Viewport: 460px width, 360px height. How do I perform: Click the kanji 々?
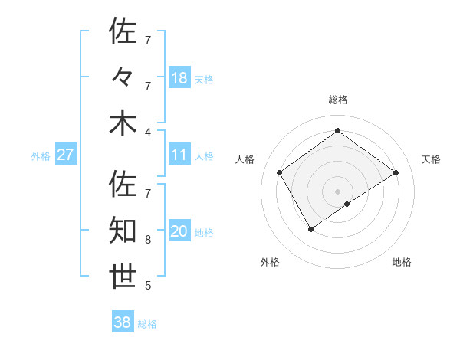click(x=123, y=77)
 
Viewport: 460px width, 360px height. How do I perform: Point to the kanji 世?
click(x=123, y=277)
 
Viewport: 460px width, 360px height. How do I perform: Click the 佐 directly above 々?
click(x=123, y=31)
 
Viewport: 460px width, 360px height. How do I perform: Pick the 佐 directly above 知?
click(x=123, y=185)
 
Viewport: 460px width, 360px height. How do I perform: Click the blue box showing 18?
click(x=179, y=77)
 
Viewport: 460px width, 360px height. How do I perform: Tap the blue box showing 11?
click(x=179, y=155)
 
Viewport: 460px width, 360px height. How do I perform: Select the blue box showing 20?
click(x=179, y=231)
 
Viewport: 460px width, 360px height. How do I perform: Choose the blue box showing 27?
click(x=65, y=155)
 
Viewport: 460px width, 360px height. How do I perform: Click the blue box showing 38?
click(x=123, y=322)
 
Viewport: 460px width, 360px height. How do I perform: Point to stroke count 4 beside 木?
click(x=148, y=131)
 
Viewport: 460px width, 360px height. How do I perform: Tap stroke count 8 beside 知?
click(x=148, y=239)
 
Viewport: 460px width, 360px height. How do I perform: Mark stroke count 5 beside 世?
click(x=148, y=286)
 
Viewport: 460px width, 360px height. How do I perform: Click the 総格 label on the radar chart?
click(x=338, y=100)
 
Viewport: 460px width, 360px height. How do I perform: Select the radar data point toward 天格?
click(x=396, y=173)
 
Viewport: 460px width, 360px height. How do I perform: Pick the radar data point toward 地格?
click(x=347, y=204)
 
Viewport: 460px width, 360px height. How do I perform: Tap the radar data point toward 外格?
click(x=310, y=229)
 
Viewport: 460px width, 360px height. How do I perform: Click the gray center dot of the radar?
click(x=338, y=191)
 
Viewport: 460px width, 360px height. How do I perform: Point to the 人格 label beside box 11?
click(x=204, y=155)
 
